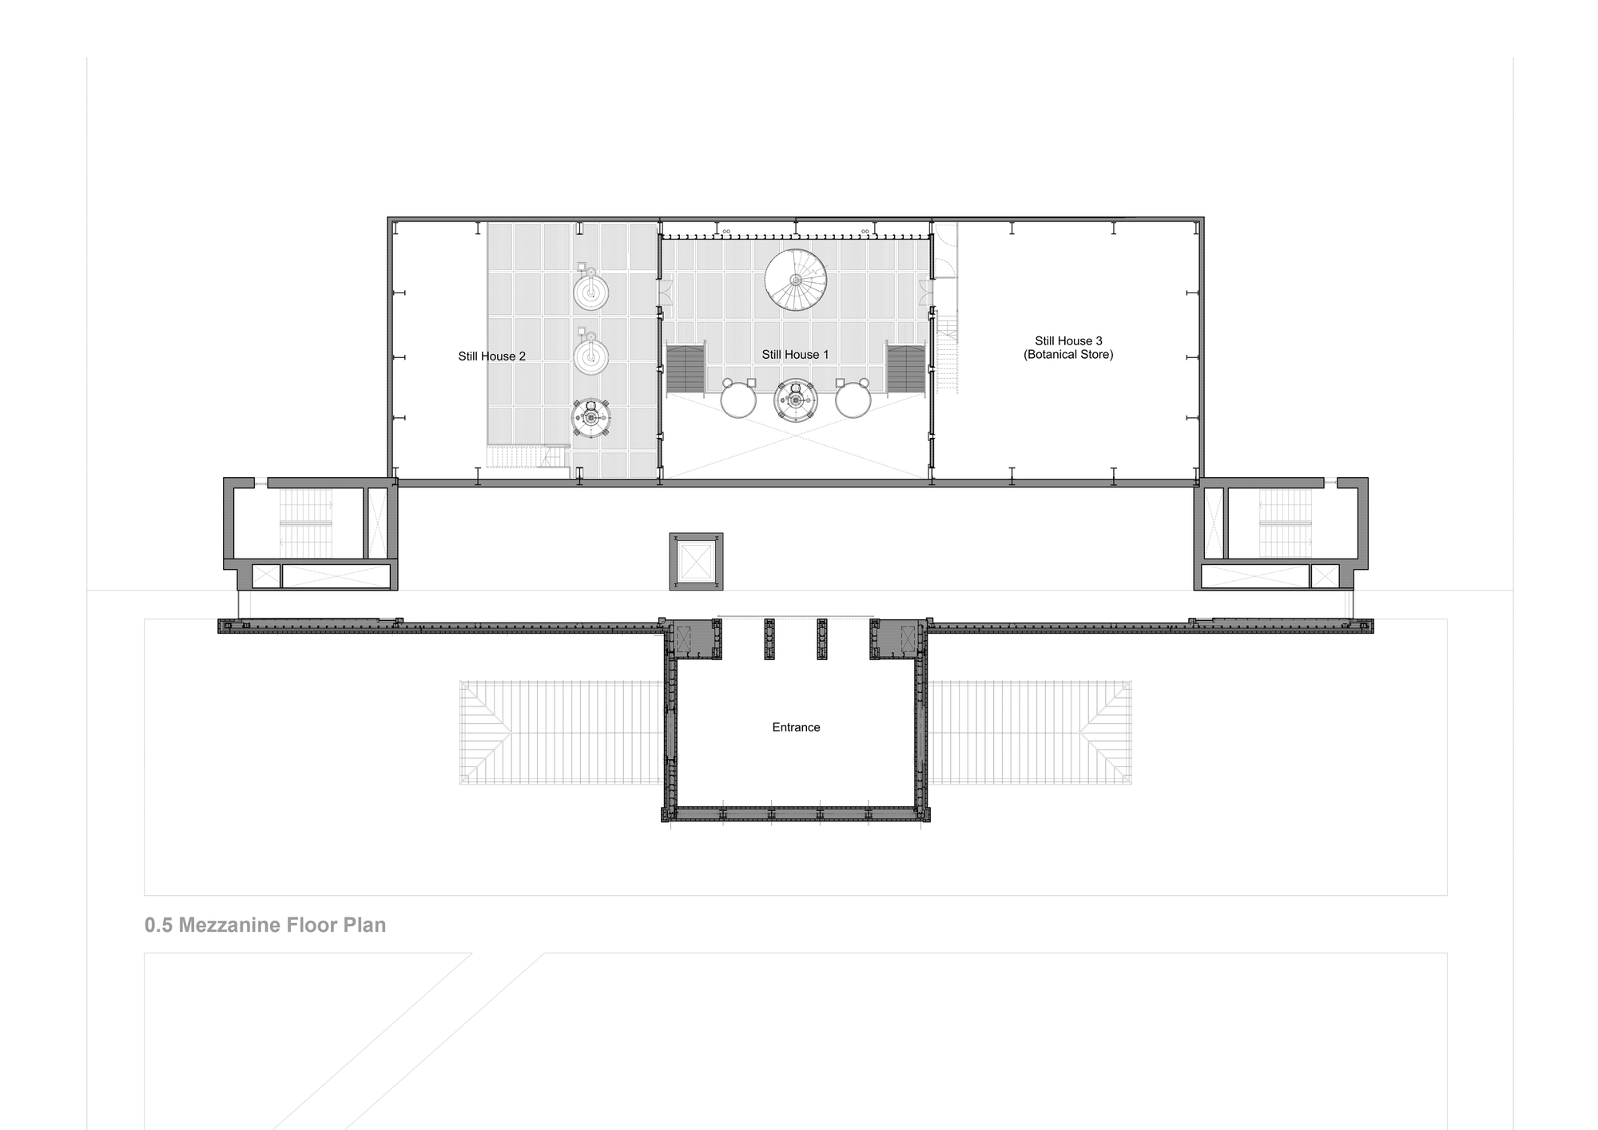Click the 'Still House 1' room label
click(x=795, y=355)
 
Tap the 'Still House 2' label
click(x=491, y=356)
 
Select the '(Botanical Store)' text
click(x=1068, y=354)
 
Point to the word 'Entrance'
click(x=796, y=727)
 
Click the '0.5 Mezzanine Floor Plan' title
click(x=265, y=925)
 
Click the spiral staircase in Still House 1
click(x=795, y=280)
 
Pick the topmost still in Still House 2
click(x=590, y=291)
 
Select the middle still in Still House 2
click(x=590, y=355)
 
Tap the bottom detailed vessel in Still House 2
click(x=591, y=417)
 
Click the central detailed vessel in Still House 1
click(x=796, y=400)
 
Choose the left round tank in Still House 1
click(x=738, y=400)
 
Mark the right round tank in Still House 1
click(x=853, y=400)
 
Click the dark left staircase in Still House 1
click(x=686, y=368)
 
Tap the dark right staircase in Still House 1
click(x=905, y=368)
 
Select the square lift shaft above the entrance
click(x=696, y=562)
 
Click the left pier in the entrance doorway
click(x=769, y=639)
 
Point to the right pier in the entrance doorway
click(x=822, y=639)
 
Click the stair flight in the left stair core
click(x=306, y=523)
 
